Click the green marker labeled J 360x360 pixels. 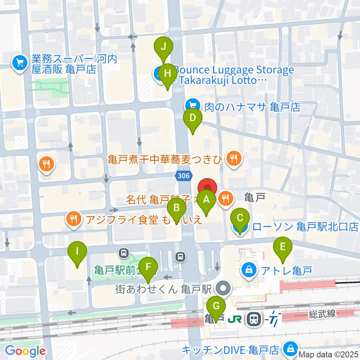[163, 47]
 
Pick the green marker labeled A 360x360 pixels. [206, 200]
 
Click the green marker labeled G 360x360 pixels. [216, 306]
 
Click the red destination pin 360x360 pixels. [207, 187]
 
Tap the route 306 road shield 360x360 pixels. [183, 175]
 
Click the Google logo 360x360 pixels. [25, 351]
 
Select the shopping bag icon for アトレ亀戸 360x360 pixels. [248, 269]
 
